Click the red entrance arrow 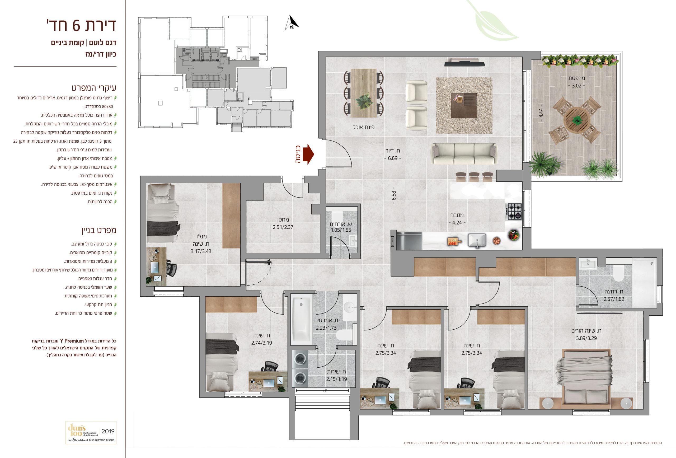click(x=308, y=154)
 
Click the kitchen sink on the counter click(x=477, y=241)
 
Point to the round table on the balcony click(x=577, y=119)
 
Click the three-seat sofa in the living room click(x=464, y=154)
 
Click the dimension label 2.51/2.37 click(x=283, y=227)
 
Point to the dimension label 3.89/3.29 click(x=586, y=338)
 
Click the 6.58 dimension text click(x=393, y=195)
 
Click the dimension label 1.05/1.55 click(x=341, y=230)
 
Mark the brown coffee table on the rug click(x=464, y=106)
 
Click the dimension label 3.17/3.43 click(x=201, y=251)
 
